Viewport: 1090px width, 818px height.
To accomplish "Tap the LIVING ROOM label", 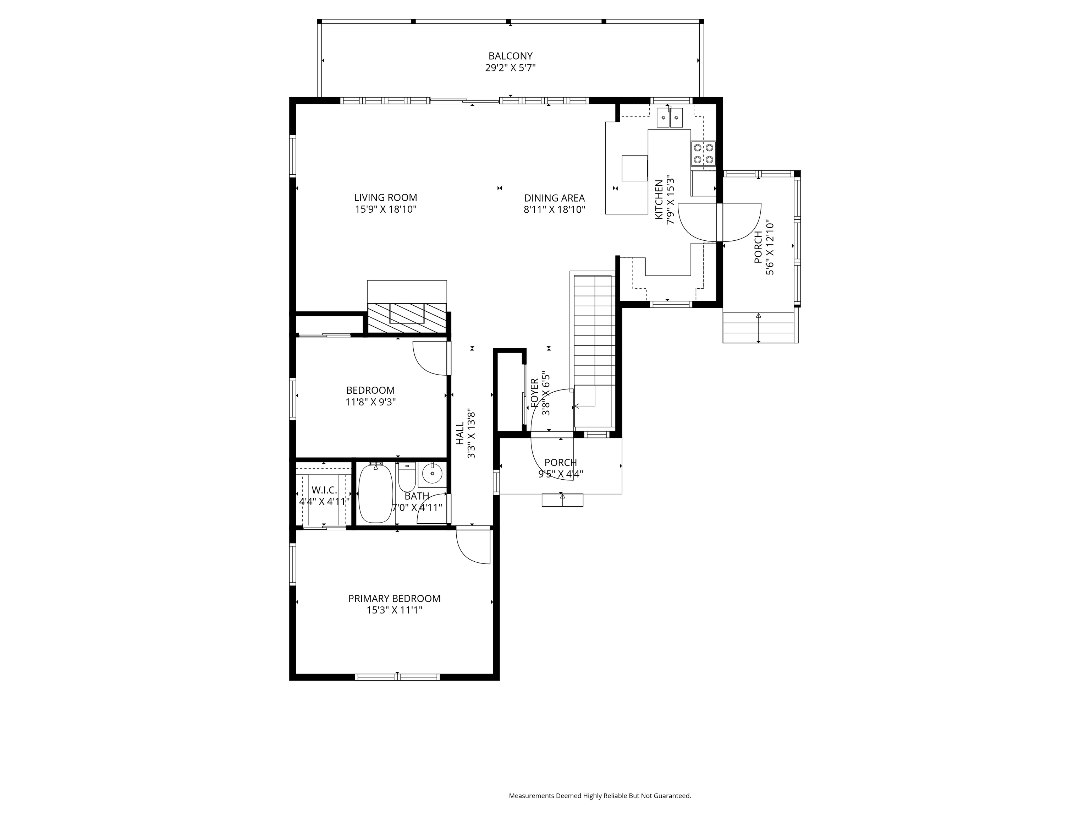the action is pyautogui.click(x=385, y=198).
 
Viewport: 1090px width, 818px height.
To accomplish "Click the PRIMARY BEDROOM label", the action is pyautogui.click(x=394, y=599).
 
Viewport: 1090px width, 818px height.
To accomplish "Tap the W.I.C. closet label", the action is pyautogui.click(x=324, y=490).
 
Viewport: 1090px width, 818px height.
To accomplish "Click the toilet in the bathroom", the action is pyautogui.click(x=407, y=477).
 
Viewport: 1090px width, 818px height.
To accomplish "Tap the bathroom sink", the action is pyautogui.click(x=432, y=474).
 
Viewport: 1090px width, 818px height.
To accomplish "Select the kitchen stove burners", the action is pyautogui.click(x=703, y=153).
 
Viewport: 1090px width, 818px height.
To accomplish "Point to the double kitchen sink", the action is pyautogui.click(x=670, y=118).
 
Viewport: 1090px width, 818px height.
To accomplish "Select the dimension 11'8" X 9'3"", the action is pyautogui.click(x=370, y=402).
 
